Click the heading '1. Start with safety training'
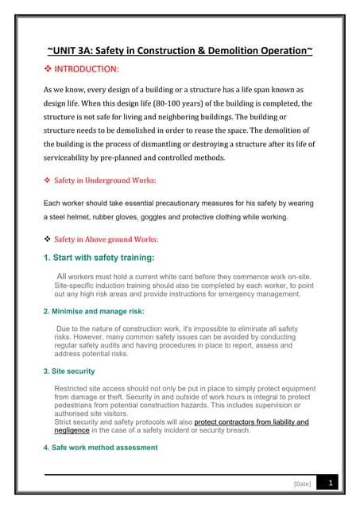click(99, 257)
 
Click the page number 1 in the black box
click(331, 482)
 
